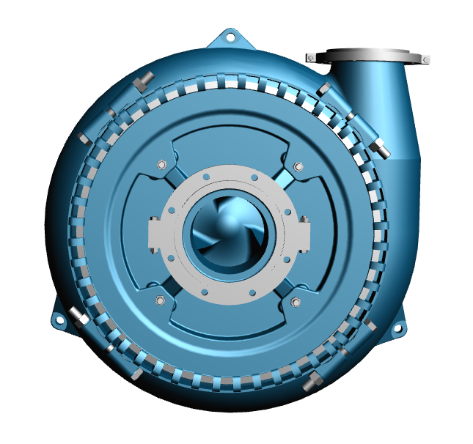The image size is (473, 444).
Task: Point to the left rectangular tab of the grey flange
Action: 155,234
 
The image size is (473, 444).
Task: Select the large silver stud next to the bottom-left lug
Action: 77,317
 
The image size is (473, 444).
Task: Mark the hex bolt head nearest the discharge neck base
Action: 323,89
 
